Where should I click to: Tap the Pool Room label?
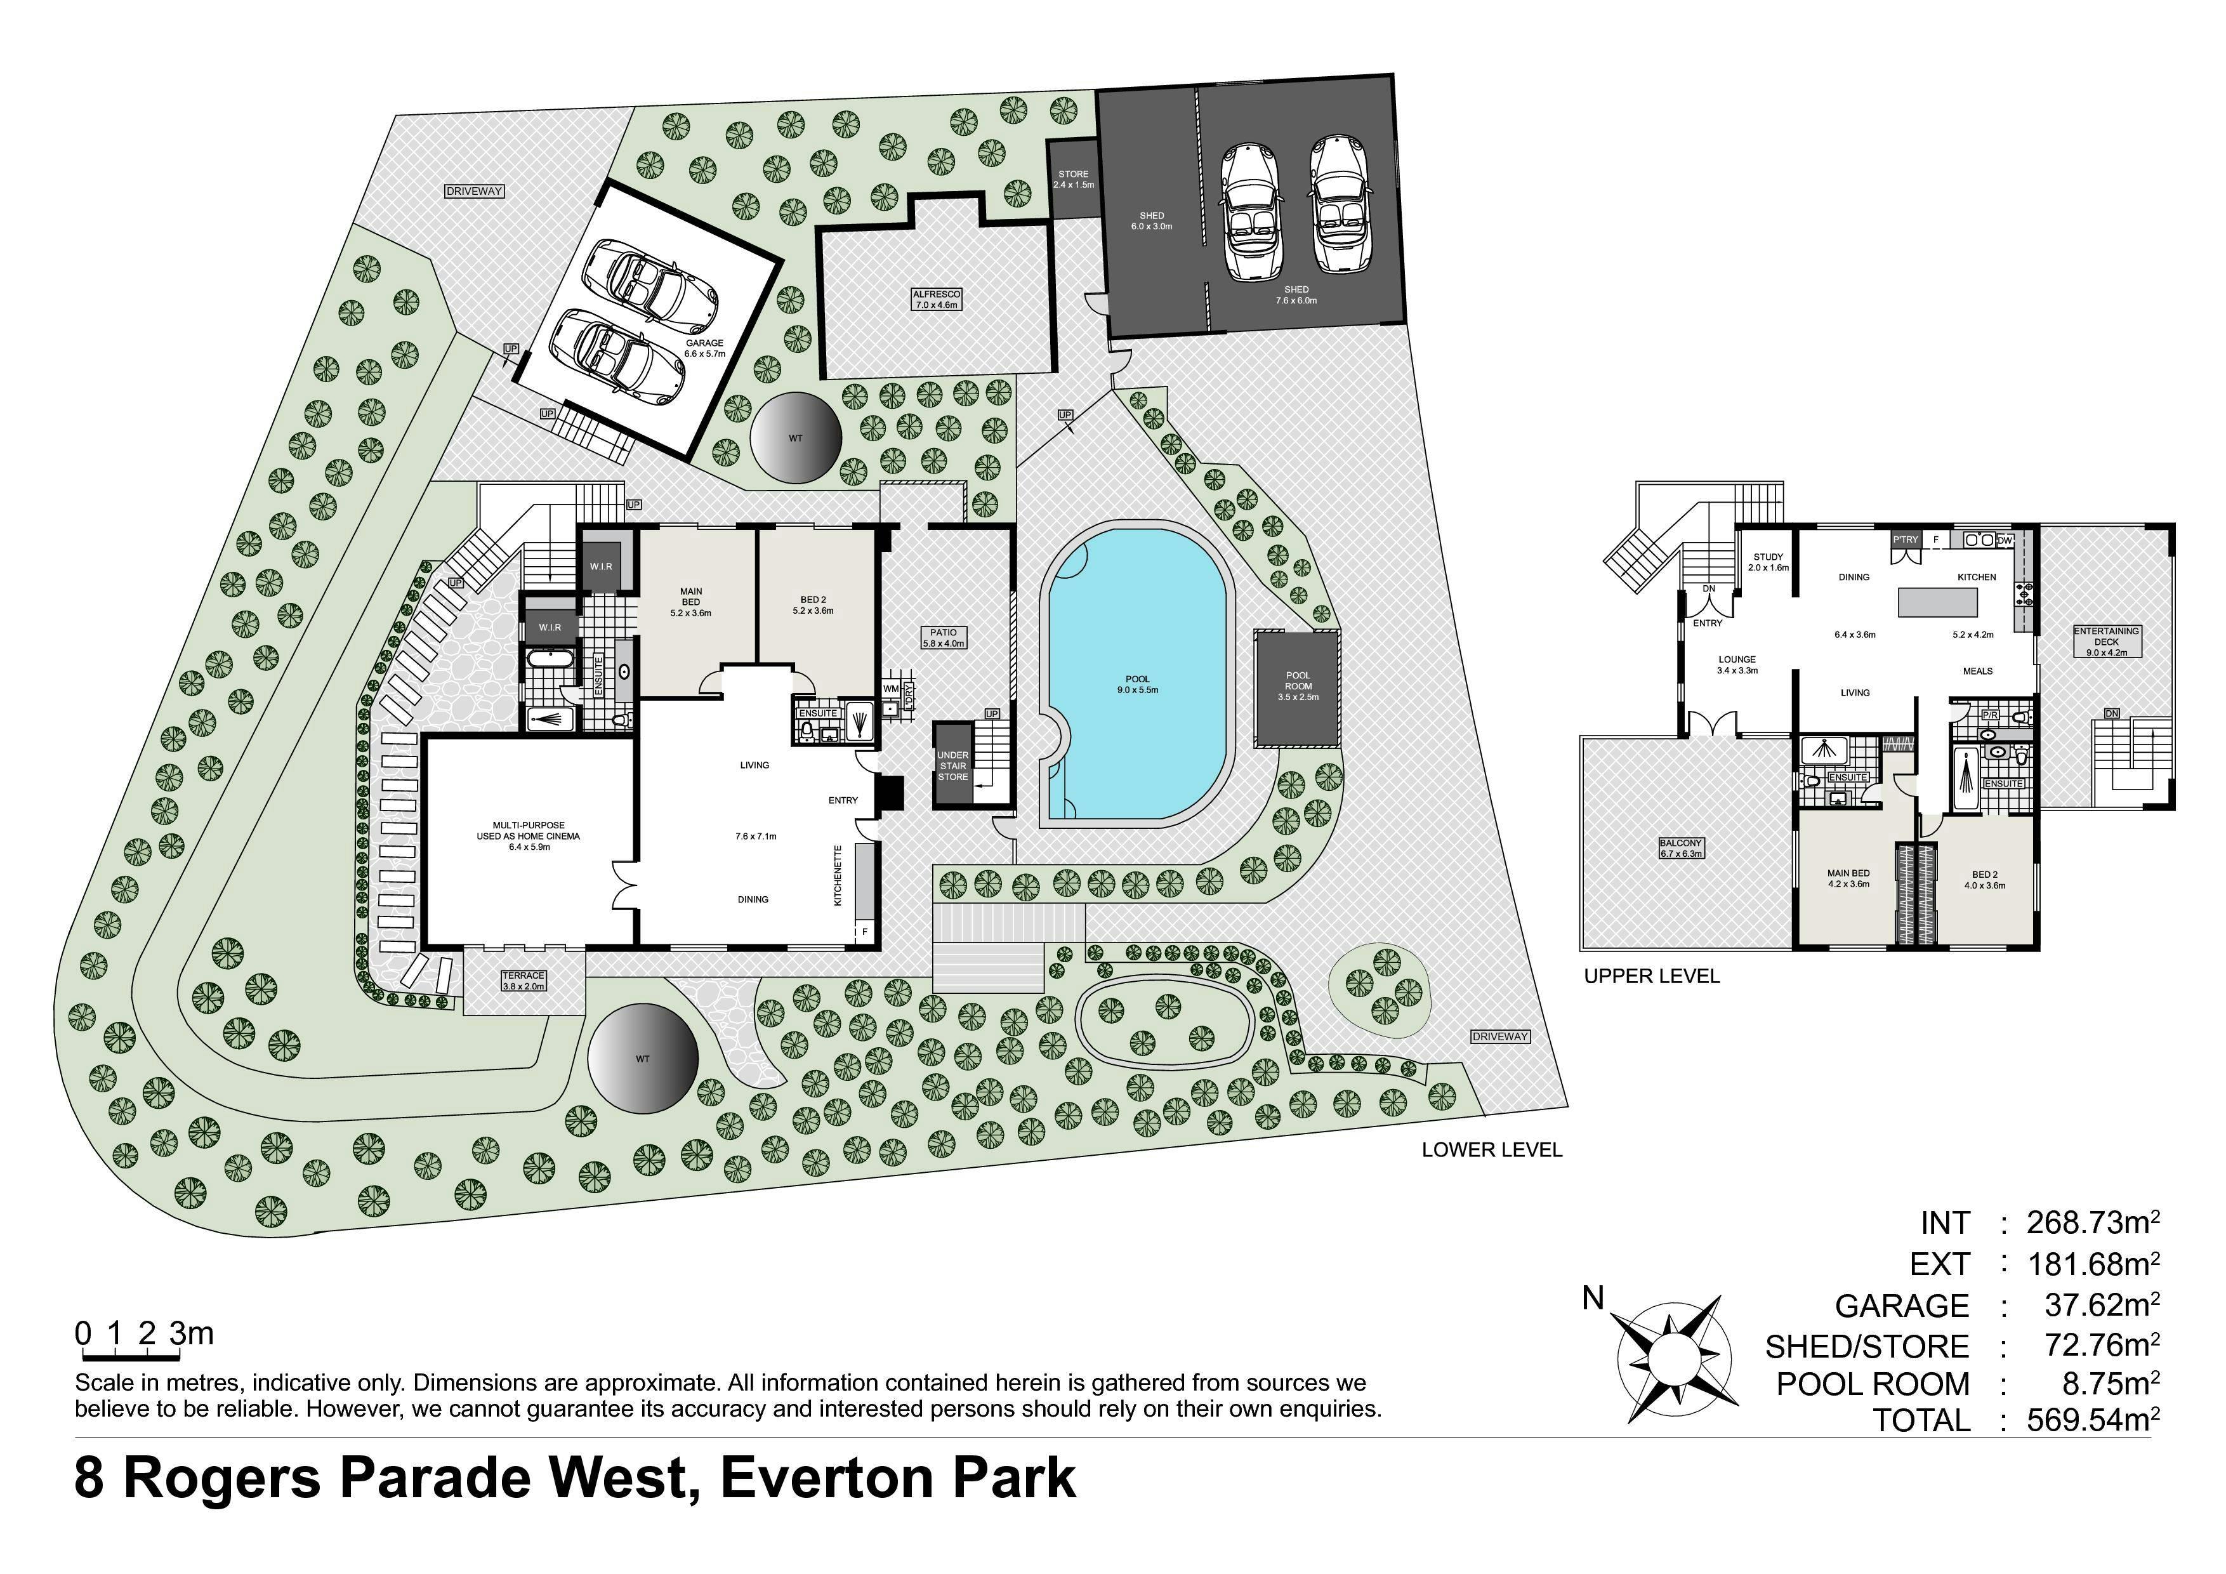[1298, 685]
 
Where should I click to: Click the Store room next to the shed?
[1073, 180]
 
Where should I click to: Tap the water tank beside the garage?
[795, 439]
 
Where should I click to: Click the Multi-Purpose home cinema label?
[529, 836]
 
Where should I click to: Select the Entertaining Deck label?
[2106, 641]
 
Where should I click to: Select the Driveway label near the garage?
[474, 191]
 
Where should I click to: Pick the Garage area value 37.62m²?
[2102, 1304]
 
